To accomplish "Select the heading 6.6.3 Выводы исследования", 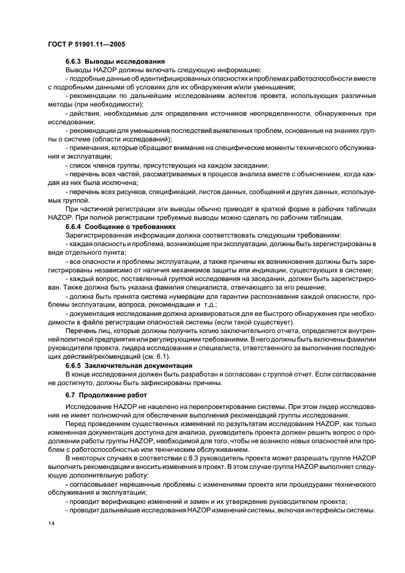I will tap(115, 62).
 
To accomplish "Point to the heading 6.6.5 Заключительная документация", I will tap(127, 365).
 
